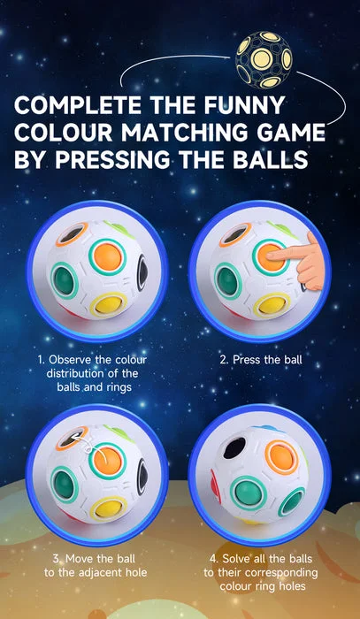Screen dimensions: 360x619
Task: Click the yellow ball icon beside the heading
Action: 264,59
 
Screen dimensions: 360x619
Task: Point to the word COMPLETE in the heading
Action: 78,104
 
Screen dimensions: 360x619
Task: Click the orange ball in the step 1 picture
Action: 107,257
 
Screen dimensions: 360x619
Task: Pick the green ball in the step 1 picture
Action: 64,280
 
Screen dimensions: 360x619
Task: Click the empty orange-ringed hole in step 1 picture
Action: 73,234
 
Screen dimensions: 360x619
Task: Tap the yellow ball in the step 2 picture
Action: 272,305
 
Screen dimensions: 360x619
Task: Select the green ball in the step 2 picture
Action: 227,280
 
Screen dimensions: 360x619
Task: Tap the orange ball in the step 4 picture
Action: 282,457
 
